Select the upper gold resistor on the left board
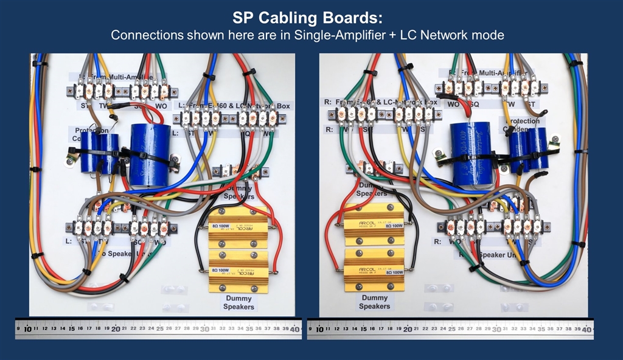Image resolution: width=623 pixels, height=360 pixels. pyautogui.click(x=238, y=229)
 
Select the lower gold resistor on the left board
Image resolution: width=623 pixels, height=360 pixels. pyautogui.click(x=238, y=271)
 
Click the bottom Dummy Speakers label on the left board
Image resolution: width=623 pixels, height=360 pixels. pyautogui.click(x=239, y=302)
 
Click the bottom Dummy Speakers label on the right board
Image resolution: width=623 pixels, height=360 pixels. pyautogui.click(x=375, y=302)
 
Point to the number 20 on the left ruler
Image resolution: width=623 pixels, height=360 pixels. pyautogui.click(x=116, y=328)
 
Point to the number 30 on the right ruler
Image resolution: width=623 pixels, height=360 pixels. pyautogui.click(x=496, y=329)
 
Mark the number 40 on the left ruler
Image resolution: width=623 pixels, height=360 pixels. pyautogui.click(x=294, y=328)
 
